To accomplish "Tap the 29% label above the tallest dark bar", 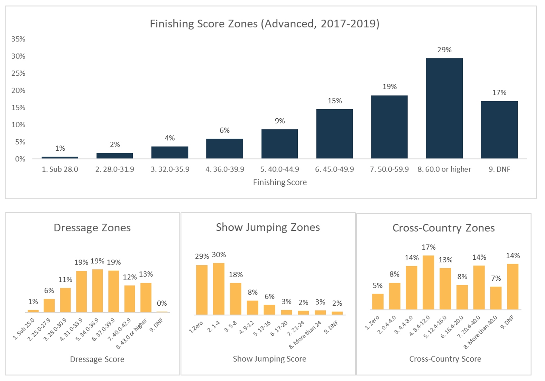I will [444, 50].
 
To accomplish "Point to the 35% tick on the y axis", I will [18, 39].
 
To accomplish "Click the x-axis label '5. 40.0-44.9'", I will [279, 169].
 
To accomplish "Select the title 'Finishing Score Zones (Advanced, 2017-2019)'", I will [265, 24].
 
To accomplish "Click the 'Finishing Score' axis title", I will [279, 182].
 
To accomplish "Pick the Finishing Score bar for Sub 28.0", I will [60, 158].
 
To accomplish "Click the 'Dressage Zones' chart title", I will [92, 228].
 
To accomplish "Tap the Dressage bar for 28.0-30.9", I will [65, 300].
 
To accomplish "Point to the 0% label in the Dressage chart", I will [162, 304].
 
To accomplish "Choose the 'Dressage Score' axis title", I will [97, 359].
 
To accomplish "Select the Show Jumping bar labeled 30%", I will [219, 289].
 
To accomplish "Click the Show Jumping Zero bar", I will [202, 290].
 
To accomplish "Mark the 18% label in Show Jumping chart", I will [236, 275].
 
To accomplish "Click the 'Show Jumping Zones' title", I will [268, 227].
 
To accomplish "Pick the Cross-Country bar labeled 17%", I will [428, 282].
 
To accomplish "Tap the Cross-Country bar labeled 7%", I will [496, 298].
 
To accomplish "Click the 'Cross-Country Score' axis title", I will [445, 359].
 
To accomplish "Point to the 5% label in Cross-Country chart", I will [377, 286].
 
